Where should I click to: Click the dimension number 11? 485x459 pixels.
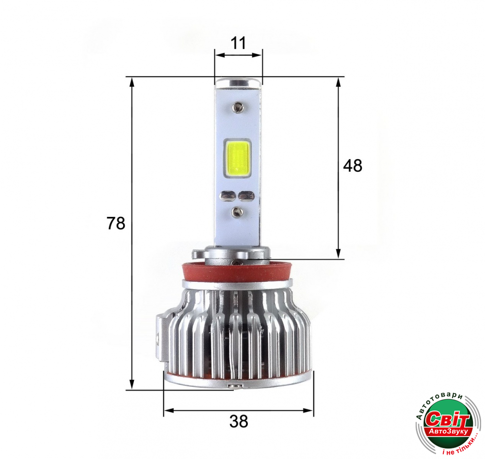[238, 43]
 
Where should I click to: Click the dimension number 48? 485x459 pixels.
[353, 166]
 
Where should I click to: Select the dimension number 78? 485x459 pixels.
[116, 223]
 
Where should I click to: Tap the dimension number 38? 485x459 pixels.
[239, 421]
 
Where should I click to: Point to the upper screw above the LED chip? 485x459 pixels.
[238, 107]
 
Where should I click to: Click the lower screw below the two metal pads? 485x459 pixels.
[237, 212]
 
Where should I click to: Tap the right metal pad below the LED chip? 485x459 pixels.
[246, 196]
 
